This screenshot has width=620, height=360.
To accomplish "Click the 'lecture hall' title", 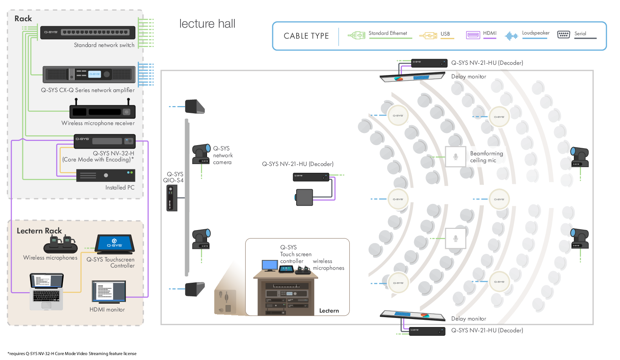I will tap(207, 24).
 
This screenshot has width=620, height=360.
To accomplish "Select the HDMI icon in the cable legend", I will tap(473, 35).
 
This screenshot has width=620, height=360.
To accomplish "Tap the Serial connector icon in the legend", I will tap(563, 35).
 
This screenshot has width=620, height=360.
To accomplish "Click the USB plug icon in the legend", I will tap(428, 36).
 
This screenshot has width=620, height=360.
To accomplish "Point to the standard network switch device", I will tap(88, 33).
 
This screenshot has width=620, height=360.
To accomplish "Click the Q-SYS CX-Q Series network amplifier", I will tap(89, 74).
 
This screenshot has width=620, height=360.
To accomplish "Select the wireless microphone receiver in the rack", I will tap(102, 111).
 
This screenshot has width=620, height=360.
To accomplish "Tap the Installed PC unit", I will tap(105, 175).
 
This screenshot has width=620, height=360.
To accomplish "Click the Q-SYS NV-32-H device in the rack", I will tap(104, 141).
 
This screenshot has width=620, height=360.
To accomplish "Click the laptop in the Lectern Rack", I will tap(47, 291).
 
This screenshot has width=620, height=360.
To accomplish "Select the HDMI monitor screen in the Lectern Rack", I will tap(108, 291).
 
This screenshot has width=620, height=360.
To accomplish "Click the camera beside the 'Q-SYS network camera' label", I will tap(201, 154).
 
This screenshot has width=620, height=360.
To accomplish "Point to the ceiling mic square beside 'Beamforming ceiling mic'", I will tap(455, 157).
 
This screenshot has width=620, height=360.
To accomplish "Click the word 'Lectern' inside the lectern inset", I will tap(329, 311).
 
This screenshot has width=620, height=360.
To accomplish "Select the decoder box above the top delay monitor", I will tap(429, 63).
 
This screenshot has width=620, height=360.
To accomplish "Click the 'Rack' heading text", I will tap(23, 19).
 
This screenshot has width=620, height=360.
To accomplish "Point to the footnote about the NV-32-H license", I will tap(72, 354).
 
